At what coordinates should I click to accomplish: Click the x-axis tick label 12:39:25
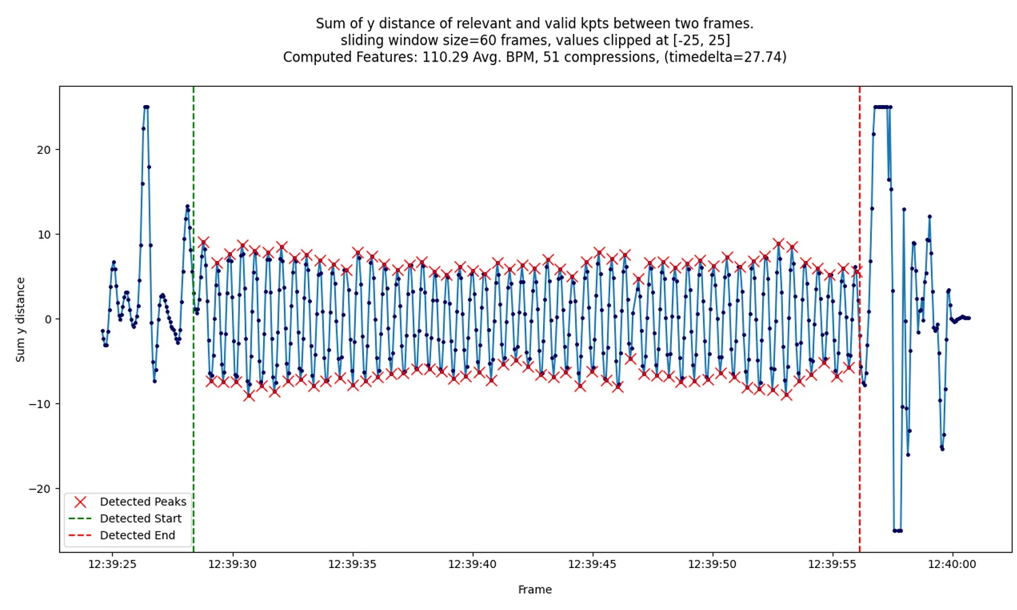(x=112, y=564)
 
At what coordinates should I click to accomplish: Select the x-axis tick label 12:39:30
(x=232, y=564)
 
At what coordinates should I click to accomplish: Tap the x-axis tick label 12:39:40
(x=472, y=564)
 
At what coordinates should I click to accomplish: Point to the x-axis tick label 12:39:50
(x=712, y=564)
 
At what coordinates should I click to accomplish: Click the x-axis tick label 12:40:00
(x=952, y=564)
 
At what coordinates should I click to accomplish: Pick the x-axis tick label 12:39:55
(x=832, y=564)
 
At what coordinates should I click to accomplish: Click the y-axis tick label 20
(x=43, y=150)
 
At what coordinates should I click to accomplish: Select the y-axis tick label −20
(x=39, y=489)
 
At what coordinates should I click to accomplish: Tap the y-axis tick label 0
(x=47, y=319)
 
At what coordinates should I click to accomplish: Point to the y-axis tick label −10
(x=39, y=404)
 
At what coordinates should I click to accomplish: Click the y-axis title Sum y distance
(x=20, y=319)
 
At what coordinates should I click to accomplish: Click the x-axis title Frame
(x=534, y=590)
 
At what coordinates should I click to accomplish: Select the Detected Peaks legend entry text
(x=142, y=502)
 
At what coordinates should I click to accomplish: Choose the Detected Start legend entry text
(x=140, y=518)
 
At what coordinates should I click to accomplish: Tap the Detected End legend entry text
(x=137, y=535)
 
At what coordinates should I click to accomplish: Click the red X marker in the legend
(x=80, y=502)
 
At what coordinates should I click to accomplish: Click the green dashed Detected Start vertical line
(x=193, y=407)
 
